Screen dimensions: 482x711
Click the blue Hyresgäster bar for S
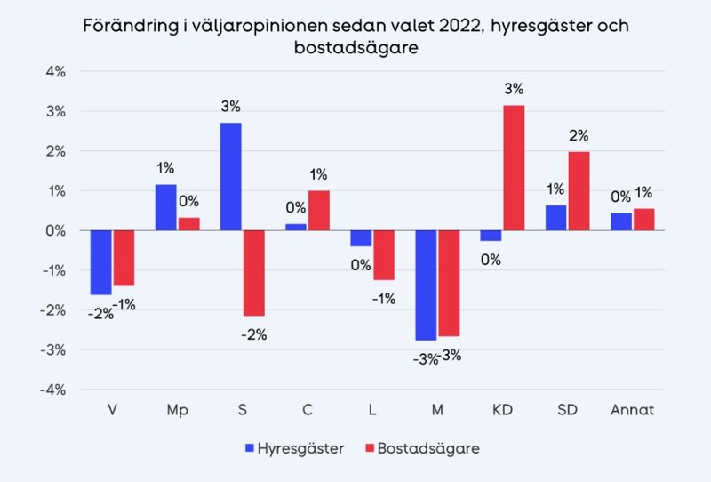click(230, 176)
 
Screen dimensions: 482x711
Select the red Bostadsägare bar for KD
click(514, 167)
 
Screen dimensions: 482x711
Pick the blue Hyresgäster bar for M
click(426, 285)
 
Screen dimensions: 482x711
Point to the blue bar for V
click(100, 262)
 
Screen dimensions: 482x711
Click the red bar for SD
click(579, 190)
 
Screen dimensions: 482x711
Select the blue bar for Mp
click(166, 207)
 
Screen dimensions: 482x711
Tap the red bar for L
click(383, 255)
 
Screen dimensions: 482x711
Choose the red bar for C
click(318, 210)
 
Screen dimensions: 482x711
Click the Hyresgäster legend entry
click(293, 448)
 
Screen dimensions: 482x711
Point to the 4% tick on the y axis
click(55, 71)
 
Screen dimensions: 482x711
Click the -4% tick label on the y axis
click(52, 390)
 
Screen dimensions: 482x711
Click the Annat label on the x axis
click(632, 410)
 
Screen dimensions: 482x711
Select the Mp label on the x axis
click(177, 410)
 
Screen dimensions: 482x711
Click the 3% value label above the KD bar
click(514, 89)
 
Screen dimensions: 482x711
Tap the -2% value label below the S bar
click(253, 334)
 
